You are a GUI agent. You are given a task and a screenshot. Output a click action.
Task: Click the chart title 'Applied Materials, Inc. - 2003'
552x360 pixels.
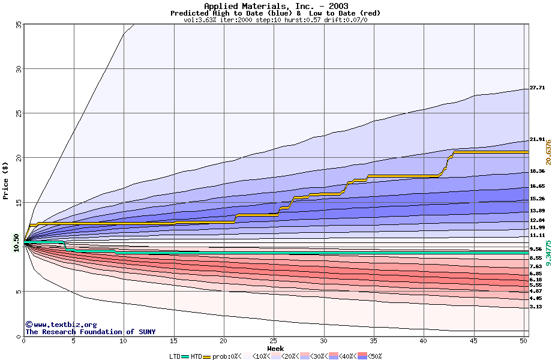point(275,7)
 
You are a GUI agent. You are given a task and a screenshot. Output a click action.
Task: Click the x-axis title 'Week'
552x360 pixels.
point(275,348)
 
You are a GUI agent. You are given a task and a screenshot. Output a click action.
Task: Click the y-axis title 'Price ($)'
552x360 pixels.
point(6,181)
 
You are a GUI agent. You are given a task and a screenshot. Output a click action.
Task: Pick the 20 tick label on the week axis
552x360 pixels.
point(224,341)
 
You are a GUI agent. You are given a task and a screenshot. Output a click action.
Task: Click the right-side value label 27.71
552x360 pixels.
point(536,88)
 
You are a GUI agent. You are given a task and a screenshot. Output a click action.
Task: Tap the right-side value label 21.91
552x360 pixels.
point(536,139)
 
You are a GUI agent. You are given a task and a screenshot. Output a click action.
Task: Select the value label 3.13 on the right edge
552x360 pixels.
point(536,307)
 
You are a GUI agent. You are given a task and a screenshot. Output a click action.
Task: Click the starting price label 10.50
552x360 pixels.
point(16,243)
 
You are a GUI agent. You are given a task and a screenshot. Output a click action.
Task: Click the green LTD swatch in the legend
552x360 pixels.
point(185,356)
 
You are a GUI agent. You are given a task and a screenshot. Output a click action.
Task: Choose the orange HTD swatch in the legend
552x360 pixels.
point(208,356)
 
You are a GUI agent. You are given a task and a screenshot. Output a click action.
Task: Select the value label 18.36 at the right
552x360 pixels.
point(536,171)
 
